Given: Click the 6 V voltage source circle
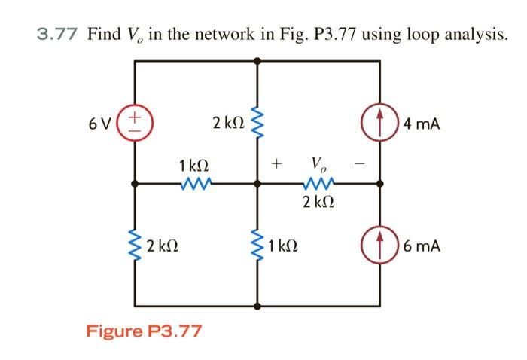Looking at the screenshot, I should [135, 122].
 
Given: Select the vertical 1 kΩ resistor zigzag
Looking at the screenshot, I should [257, 245].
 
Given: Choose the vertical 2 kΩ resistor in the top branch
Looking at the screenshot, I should [257, 122].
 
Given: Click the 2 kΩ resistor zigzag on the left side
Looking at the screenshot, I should [136, 245].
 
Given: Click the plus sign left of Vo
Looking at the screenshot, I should [277, 163].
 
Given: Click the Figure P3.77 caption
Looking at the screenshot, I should [145, 331].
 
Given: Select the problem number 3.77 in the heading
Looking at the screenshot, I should [59, 34].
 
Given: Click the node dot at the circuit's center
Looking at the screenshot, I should [257, 182].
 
